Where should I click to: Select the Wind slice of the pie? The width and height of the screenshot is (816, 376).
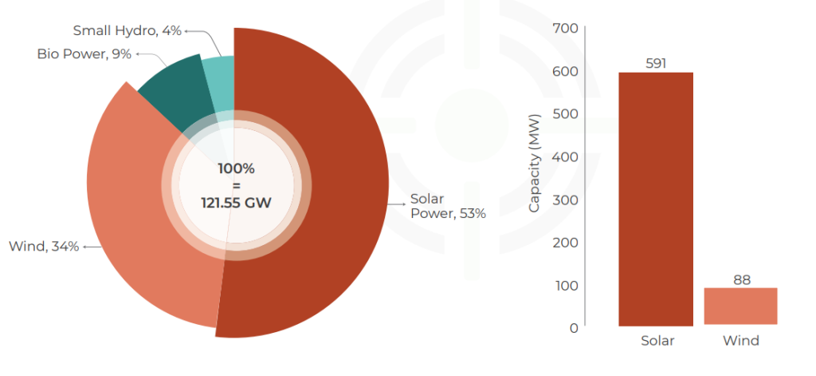tap(135, 216)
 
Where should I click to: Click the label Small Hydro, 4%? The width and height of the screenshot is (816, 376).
tap(127, 31)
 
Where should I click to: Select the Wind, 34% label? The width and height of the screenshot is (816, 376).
tap(43, 247)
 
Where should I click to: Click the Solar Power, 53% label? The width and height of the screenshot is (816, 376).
tap(447, 206)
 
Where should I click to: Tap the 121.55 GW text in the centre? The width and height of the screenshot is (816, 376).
tap(236, 203)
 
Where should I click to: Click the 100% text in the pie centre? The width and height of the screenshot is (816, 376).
tap(236, 169)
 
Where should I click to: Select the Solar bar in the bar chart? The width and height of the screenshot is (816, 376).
tap(656, 200)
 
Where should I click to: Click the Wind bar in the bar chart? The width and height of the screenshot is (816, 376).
tap(740, 307)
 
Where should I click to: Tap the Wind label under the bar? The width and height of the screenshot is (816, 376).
tap(740, 341)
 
